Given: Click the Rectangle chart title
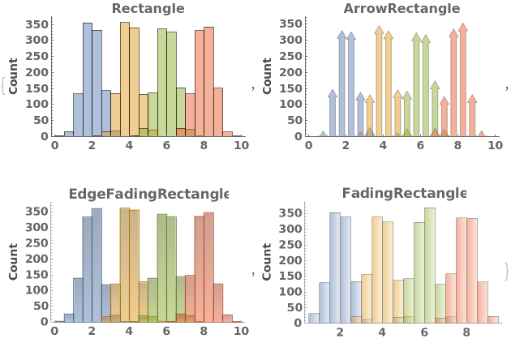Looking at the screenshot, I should pos(148,9).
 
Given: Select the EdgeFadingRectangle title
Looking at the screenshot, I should pos(148,194).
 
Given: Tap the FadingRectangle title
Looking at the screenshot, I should pos(404,194).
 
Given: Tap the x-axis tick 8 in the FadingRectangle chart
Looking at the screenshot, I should pos(466,332).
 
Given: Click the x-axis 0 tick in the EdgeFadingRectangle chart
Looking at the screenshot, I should pos(54,331).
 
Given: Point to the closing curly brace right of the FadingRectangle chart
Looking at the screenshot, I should pos(506,271).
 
